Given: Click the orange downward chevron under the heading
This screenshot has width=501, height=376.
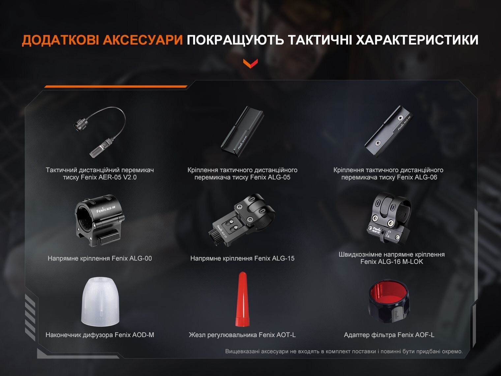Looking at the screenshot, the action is [250, 64].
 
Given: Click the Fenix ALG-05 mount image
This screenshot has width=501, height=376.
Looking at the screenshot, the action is [242, 132].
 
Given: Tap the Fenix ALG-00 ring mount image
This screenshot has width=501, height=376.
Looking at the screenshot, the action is [100, 220].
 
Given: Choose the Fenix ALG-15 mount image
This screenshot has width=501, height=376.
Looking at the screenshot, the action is [242, 220].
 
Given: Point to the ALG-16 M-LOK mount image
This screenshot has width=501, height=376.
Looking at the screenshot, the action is [389, 218].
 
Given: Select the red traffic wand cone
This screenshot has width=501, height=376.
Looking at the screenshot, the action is [242, 299].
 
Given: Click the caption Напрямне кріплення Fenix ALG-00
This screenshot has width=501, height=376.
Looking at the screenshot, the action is [100, 259].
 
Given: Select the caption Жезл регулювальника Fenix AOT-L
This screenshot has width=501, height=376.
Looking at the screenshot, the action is [242, 335].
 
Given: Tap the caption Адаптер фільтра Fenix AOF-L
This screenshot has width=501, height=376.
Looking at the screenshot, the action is [389, 335].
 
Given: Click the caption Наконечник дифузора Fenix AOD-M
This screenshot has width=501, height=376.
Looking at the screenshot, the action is [100, 335].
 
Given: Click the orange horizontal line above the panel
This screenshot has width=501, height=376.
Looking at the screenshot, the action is [116, 86].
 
